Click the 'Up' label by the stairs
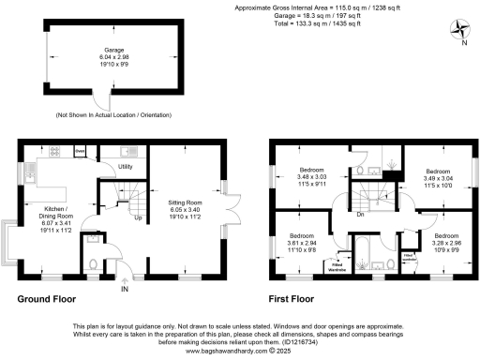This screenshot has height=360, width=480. coord(139,219)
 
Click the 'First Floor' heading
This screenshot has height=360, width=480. coord(294,300)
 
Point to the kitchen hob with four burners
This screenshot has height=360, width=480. coord(54,151)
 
